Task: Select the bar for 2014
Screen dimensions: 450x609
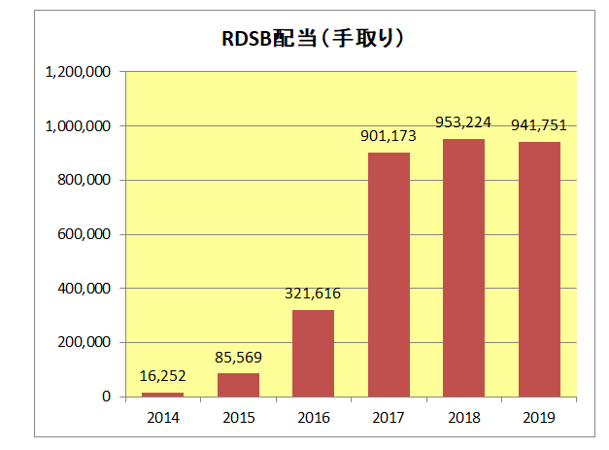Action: coord(162,394)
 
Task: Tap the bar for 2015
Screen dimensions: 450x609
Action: coord(238,385)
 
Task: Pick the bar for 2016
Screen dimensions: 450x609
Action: coord(313,353)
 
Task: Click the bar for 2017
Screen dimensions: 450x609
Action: coord(389,274)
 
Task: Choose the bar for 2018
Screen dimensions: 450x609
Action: coord(464,267)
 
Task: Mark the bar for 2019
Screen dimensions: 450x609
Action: coord(539,269)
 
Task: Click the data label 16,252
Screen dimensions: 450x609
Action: coord(162,376)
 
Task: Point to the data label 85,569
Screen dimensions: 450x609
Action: coord(238,357)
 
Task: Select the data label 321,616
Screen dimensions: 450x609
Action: coord(313,293)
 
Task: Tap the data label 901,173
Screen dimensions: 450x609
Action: coord(389,136)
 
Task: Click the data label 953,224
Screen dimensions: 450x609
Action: coord(464,122)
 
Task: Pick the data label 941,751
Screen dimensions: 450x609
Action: coord(539,124)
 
